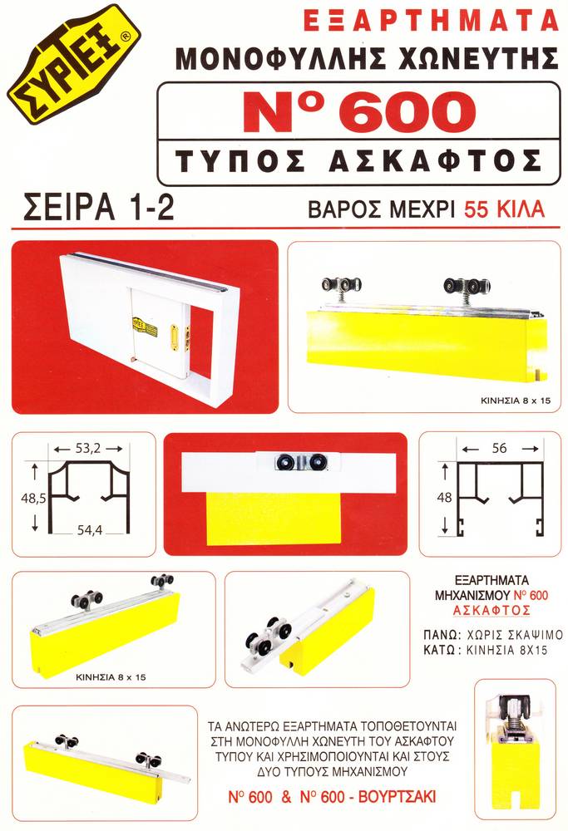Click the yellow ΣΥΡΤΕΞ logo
click(73, 64)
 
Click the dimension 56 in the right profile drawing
click(497, 447)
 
